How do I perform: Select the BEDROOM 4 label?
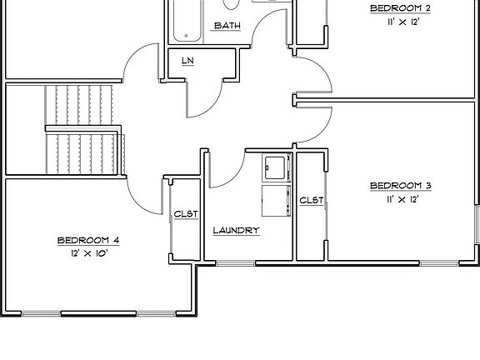pyautogui.click(x=87, y=240)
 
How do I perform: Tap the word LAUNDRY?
pyautogui.click(x=236, y=231)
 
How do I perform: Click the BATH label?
pyautogui.click(x=227, y=26)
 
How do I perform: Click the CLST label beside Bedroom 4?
pyautogui.click(x=185, y=214)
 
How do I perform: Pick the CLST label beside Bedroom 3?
pyautogui.click(x=311, y=200)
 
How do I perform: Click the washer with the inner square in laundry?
pyautogui.click(x=274, y=167)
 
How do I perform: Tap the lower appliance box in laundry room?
pyautogui.click(x=274, y=200)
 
